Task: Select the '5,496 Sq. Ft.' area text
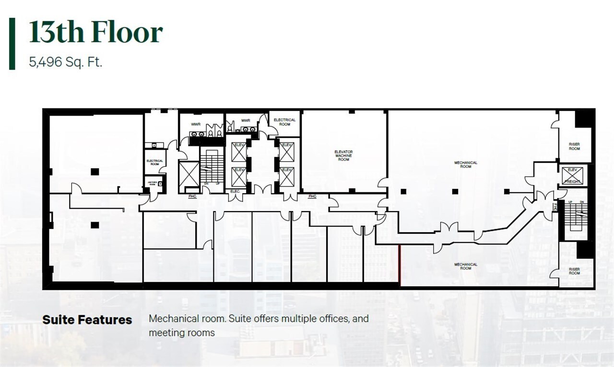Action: point(66,62)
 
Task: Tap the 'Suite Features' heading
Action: point(87,320)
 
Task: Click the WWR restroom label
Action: point(196,124)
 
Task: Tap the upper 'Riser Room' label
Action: point(574,146)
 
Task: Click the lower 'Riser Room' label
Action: point(574,271)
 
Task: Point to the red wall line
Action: point(400,265)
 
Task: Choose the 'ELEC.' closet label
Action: point(235,191)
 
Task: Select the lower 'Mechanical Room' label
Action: point(466,266)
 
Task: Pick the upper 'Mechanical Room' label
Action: point(466,165)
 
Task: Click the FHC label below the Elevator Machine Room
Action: point(312,196)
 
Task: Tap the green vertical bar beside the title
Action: point(12,44)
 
